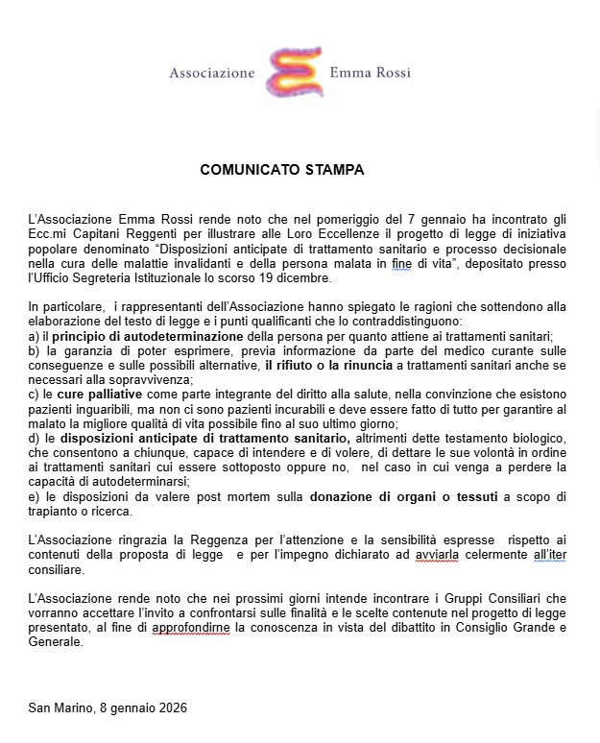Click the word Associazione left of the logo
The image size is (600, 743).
pos(212,72)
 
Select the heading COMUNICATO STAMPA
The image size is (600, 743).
pos(282,170)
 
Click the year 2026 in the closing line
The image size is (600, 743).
pos(171,708)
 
